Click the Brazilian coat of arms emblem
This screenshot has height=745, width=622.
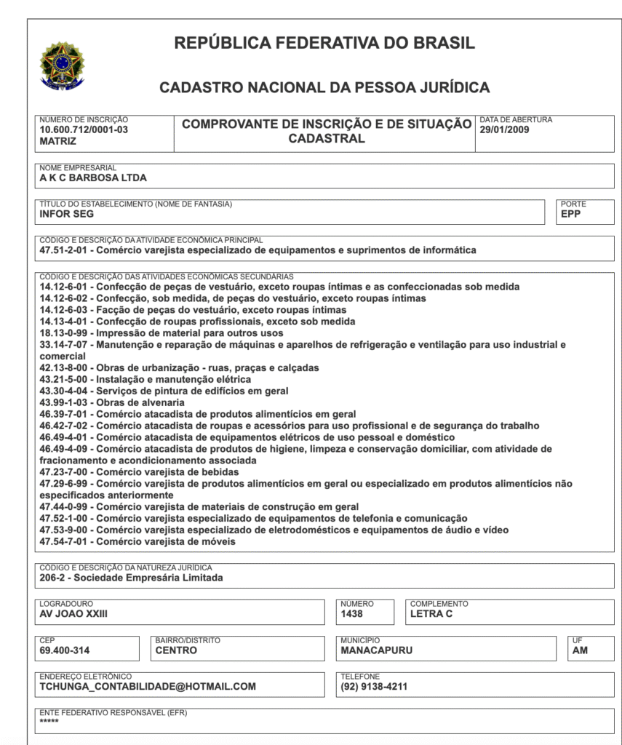click(x=62, y=65)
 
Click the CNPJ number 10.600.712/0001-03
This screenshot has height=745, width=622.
click(x=83, y=130)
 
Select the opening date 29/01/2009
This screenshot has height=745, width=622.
click(x=503, y=130)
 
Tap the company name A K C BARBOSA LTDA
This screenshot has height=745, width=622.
click(x=93, y=178)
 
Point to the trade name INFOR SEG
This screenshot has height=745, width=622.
click(x=66, y=214)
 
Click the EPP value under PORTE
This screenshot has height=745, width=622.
click(x=571, y=214)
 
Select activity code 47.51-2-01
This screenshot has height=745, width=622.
click(x=65, y=250)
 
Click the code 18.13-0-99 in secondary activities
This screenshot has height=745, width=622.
click(x=65, y=333)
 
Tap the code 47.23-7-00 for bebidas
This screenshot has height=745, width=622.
click(x=65, y=472)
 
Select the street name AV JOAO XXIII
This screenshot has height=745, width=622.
click(x=73, y=614)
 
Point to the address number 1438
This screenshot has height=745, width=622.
click(x=351, y=614)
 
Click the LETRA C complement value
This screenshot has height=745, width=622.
click(x=431, y=614)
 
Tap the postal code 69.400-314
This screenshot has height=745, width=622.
click(x=65, y=650)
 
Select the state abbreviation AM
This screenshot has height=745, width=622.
click(x=580, y=650)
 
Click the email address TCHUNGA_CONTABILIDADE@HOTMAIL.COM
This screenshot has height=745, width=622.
click(x=148, y=686)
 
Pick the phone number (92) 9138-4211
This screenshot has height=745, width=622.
click(x=374, y=686)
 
